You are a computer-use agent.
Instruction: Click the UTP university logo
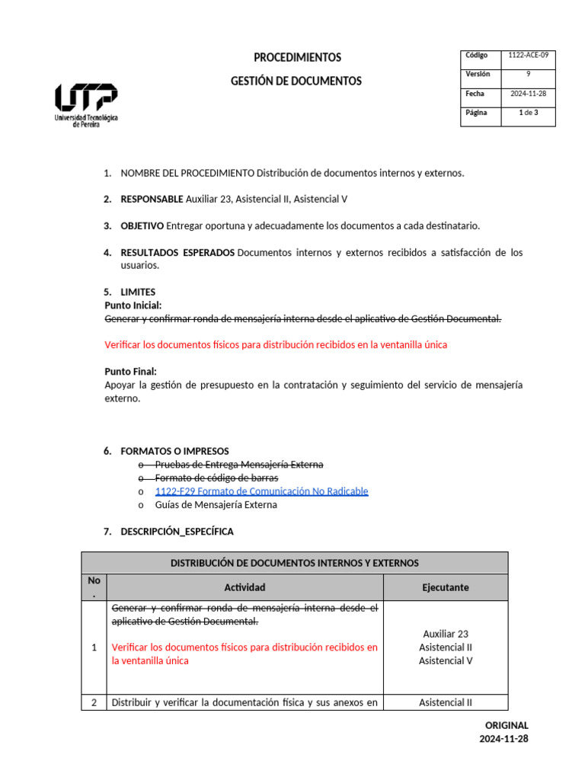pos(86,104)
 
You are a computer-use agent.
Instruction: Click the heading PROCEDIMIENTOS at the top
pos(297,58)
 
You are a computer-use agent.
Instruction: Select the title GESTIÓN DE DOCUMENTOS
pos(296,82)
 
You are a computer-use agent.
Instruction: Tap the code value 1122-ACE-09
pos(528,56)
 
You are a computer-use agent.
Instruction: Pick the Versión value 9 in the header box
pos(528,75)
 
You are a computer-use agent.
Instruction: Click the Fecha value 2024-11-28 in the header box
pos(528,94)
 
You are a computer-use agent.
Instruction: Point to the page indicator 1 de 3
pos(528,113)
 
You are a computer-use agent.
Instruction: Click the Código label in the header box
pos(476,56)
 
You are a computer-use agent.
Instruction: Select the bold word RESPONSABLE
pos(152,200)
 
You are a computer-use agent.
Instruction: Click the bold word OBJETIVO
pos(142,226)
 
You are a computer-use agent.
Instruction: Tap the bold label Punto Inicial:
pos(133,305)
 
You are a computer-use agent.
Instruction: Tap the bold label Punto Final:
pos(130,372)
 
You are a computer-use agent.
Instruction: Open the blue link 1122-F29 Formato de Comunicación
pos(261,491)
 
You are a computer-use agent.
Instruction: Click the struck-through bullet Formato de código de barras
pos(216,478)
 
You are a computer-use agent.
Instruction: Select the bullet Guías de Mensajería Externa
pos(216,505)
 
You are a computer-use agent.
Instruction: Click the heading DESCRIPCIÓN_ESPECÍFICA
pos(177,532)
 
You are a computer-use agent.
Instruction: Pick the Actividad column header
pos(245,587)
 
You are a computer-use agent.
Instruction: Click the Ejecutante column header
pos(446,587)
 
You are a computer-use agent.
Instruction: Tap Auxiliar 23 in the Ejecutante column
pos(446,634)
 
